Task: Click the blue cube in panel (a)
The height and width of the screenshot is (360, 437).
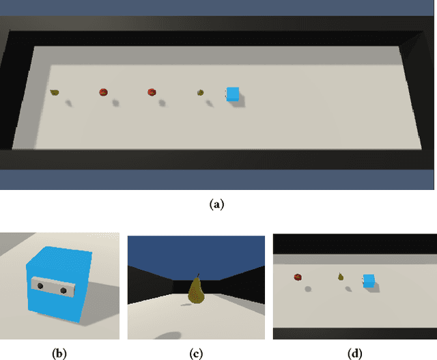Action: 234,94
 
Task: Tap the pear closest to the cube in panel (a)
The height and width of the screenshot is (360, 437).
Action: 201,92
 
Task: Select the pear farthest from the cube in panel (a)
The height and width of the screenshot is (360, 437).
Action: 55,92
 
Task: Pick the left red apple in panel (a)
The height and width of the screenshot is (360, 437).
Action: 103,92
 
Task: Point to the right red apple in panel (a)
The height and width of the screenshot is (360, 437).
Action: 152,92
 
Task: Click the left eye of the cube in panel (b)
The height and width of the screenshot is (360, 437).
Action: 40,284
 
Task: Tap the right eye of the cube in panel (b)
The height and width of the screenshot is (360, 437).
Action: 64,291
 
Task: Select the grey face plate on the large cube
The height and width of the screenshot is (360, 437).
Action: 53,288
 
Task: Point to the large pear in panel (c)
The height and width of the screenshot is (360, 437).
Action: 197,291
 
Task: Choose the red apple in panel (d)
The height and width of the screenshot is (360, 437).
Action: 298,277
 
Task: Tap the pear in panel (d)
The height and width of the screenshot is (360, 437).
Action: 340,277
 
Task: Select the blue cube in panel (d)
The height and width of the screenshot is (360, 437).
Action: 369,280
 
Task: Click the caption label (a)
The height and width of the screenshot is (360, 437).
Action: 217,203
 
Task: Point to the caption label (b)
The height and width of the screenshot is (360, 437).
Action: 60,352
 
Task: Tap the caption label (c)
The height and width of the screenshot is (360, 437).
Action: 197,352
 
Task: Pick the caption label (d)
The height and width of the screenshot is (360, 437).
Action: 355,352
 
